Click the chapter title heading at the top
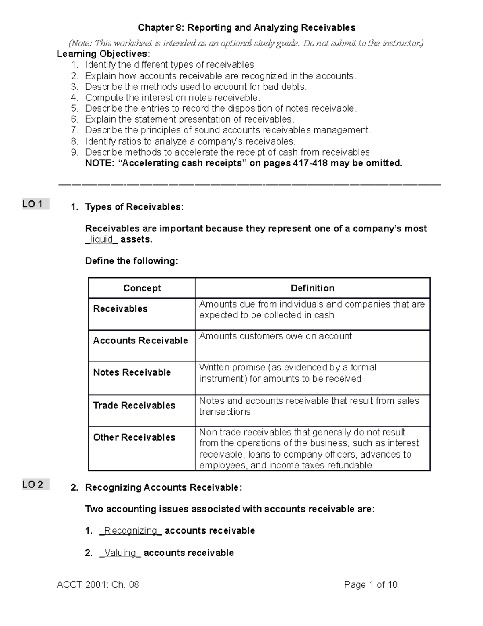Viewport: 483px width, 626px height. [x=247, y=27]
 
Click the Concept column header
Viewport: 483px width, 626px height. [x=142, y=288]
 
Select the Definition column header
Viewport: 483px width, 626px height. [x=312, y=288]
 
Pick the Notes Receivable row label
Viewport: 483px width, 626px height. [x=132, y=372]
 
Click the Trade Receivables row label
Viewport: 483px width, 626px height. [x=134, y=406]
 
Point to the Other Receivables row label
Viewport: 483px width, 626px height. [x=134, y=437]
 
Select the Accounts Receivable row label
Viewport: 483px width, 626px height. [x=140, y=341]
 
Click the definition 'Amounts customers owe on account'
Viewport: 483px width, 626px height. [x=275, y=336]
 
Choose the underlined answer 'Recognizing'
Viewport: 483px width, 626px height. [x=130, y=530]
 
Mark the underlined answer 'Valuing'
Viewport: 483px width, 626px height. [x=120, y=553]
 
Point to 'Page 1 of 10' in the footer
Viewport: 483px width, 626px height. [x=371, y=584]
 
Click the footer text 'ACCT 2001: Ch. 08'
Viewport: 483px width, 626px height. [x=98, y=584]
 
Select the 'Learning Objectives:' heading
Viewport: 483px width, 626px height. [x=103, y=54]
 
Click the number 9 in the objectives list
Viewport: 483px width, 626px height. [x=74, y=152]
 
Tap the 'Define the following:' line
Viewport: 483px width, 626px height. [x=131, y=261]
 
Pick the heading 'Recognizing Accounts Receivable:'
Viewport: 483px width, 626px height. [x=163, y=488]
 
